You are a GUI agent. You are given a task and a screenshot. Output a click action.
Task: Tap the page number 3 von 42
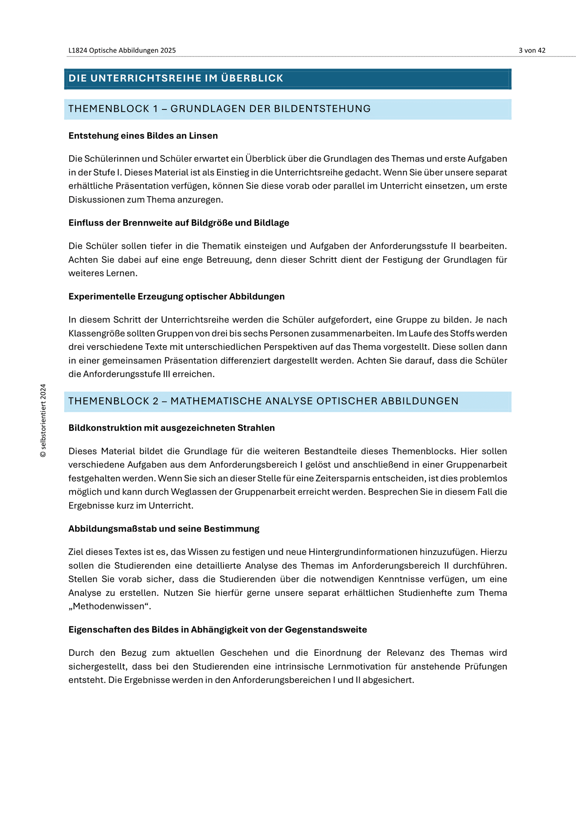[x=532, y=51]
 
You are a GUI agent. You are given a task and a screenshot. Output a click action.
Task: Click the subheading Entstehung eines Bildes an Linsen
[x=143, y=136]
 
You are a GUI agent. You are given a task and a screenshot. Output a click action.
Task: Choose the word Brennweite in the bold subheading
[x=142, y=223]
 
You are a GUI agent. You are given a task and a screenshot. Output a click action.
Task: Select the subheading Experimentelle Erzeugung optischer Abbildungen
[x=176, y=296]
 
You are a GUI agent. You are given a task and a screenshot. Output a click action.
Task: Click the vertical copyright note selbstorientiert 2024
[x=43, y=420]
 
